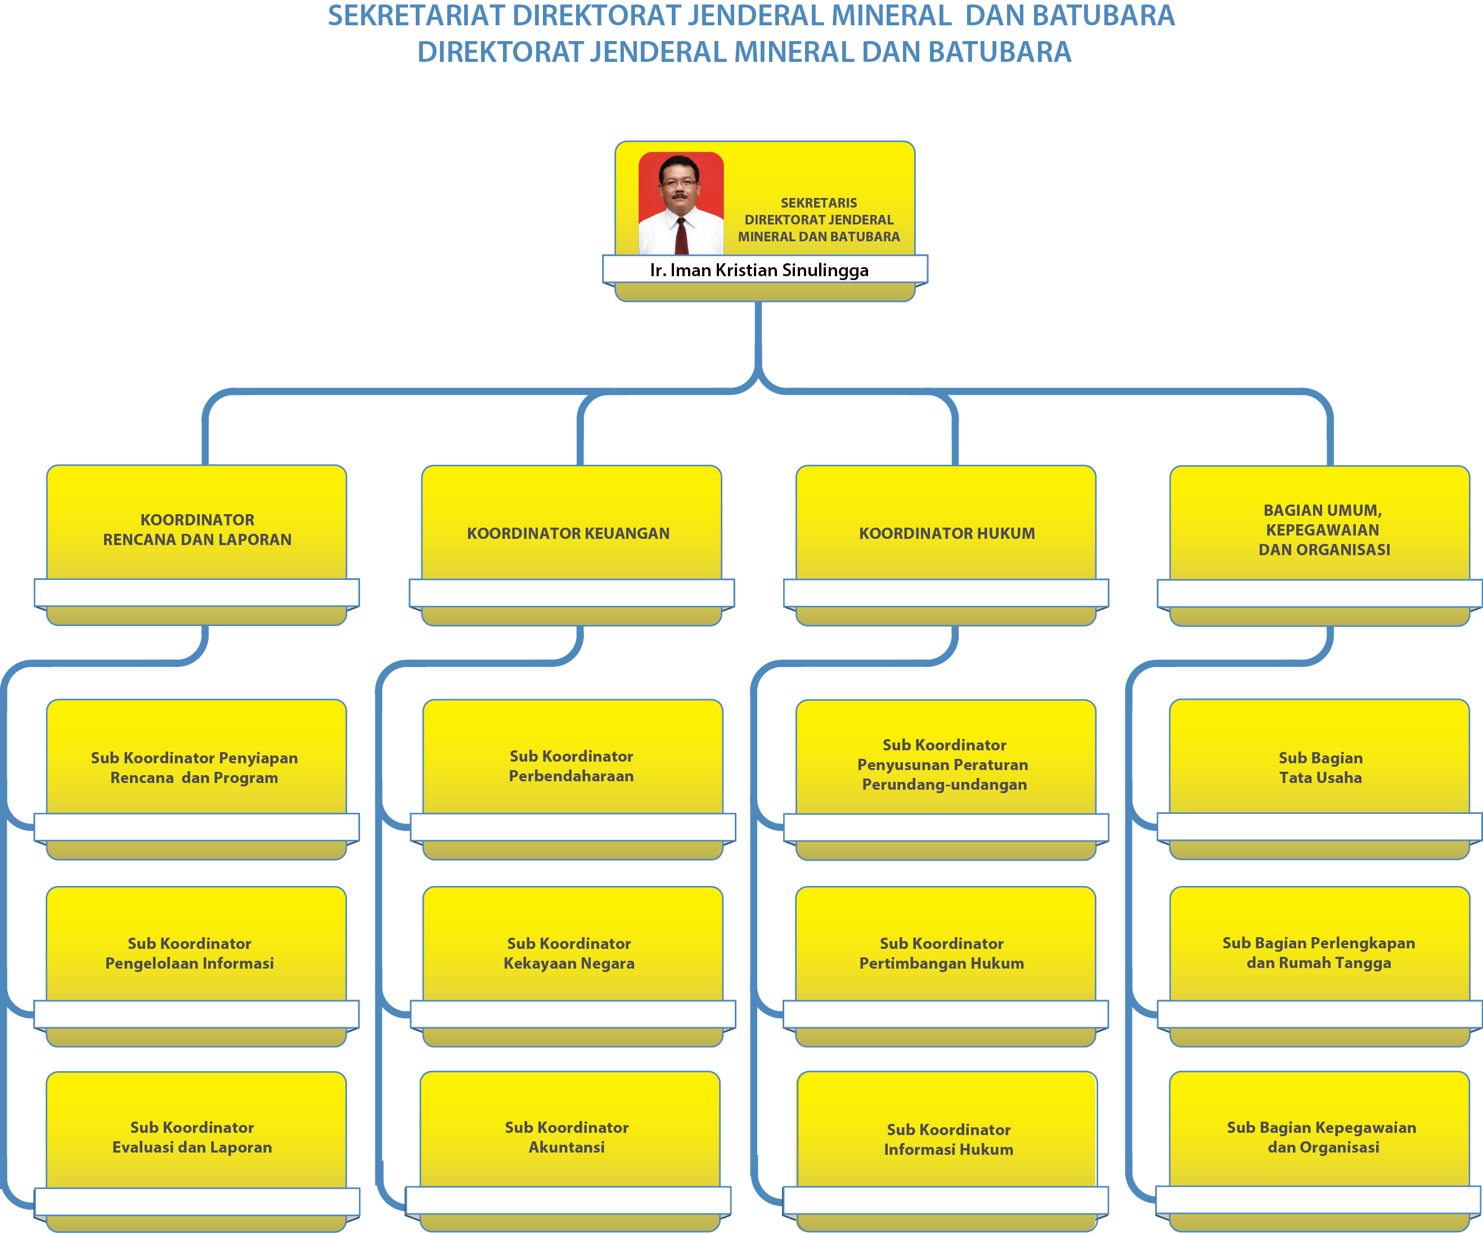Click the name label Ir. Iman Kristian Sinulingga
[x=759, y=271]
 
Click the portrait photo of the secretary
[x=681, y=204]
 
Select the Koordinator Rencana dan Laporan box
[x=197, y=544]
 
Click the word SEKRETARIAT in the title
[x=417, y=16]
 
